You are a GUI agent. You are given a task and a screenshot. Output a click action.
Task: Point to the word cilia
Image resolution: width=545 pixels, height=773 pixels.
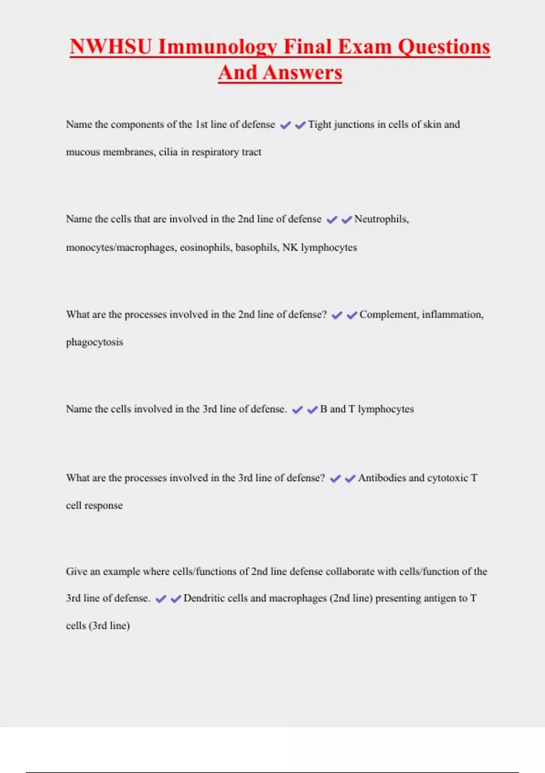[168, 152]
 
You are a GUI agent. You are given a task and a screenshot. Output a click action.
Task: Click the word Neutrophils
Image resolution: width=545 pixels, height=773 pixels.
[381, 219]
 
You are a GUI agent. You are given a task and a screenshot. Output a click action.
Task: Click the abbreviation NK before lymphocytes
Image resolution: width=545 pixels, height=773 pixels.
[290, 247]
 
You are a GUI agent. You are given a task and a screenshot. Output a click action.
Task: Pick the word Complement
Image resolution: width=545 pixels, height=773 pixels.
[388, 315]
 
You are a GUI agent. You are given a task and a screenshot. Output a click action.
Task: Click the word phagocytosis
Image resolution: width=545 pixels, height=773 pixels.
[94, 342]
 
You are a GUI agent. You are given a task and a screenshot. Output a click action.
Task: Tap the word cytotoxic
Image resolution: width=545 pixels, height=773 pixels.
[447, 478]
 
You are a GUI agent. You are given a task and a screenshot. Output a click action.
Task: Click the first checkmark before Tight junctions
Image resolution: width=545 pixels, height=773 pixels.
[285, 125]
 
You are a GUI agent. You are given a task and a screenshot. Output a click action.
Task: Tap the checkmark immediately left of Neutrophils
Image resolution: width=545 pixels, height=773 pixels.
[347, 220]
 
